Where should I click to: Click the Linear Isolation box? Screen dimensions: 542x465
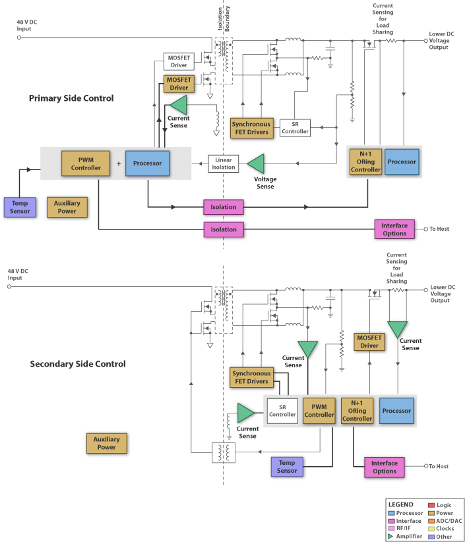pos(223,164)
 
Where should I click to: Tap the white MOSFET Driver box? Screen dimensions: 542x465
pos(179,61)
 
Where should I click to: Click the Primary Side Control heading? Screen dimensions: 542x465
pos(71,98)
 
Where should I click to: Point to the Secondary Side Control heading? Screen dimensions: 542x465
pos(78,364)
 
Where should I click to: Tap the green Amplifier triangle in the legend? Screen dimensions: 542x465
pos(390,536)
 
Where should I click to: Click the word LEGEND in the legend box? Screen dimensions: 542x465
pos(401,504)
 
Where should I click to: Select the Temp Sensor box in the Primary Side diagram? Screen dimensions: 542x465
pos(19,207)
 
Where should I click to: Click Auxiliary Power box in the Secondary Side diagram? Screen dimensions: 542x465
pos(106,443)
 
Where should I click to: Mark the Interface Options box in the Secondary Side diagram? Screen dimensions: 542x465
pos(384,467)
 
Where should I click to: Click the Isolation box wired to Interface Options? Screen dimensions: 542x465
pos(224,229)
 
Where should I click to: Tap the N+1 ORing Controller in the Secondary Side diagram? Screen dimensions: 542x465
pos(357,410)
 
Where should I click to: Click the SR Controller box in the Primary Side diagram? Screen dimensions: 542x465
pos(295,127)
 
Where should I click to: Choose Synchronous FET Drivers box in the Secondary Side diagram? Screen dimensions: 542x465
pos(251,377)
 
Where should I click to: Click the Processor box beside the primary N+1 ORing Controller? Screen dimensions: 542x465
pos(402,162)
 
